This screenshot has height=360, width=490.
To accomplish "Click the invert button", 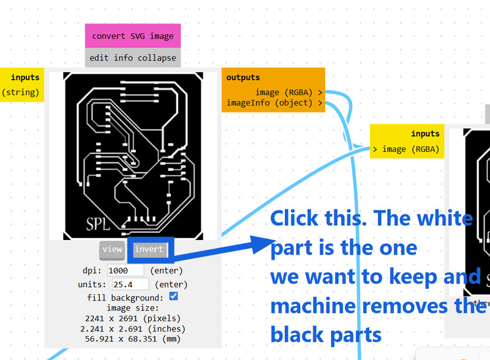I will pyautogui.click(x=149, y=249).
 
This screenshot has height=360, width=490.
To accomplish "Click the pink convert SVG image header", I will pyautogui.click(x=133, y=36).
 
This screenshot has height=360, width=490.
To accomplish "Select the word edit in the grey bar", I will pyautogui.click(x=99, y=59).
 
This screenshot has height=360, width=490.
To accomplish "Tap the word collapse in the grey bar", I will pyautogui.click(x=156, y=59).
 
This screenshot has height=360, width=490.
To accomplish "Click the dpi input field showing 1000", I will pyautogui.click(x=126, y=270).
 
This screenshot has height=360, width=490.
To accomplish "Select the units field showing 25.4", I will pyautogui.click(x=130, y=284).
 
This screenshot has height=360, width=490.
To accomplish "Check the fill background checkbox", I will pyautogui.click(x=173, y=296).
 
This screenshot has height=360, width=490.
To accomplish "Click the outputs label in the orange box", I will pyautogui.click(x=243, y=78).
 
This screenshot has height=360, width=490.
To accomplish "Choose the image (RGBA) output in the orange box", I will pyautogui.click(x=285, y=92).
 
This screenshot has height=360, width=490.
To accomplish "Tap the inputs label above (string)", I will pyautogui.click(x=25, y=78).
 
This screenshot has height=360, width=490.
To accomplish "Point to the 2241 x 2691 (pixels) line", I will pyautogui.click(x=133, y=318).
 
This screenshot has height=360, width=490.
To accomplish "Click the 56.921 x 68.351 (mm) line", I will pyautogui.click(x=133, y=339).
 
